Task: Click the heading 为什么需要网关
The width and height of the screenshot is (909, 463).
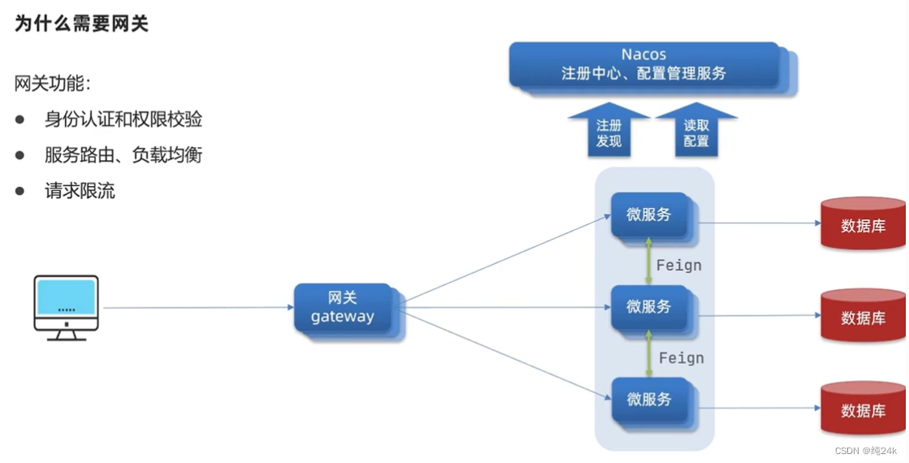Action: pyautogui.click(x=82, y=24)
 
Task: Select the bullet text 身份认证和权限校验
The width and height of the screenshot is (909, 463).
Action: pyautogui.click(x=123, y=119)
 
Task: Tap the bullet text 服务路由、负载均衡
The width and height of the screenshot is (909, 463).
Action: pyautogui.click(x=123, y=154)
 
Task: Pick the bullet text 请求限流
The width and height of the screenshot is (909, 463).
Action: pyautogui.click(x=80, y=191)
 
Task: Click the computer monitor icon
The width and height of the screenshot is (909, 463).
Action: pyautogui.click(x=67, y=307)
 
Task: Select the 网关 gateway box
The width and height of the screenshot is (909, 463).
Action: pyautogui.click(x=343, y=308)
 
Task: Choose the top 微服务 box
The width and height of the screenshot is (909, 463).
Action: pyautogui.click(x=650, y=215)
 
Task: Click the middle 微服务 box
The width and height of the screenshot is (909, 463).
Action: pyautogui.click(x=650, y=307)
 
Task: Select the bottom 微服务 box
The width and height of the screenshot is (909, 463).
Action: pyautogui.click(x=650, y=400)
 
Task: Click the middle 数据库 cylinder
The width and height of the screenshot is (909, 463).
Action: pyautogui.click(x=863, y=317)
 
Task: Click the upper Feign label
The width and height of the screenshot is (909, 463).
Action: pyautogui.click(x=678, y=265)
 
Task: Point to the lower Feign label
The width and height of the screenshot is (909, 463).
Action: pyautogui.click(x=681, y=357)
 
